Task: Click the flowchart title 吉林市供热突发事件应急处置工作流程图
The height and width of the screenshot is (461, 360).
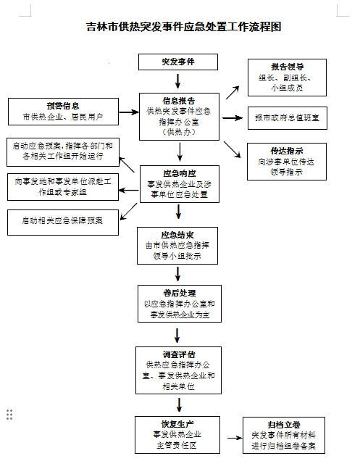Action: click(184, 27)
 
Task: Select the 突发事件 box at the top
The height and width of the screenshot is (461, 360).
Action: click(178, 62)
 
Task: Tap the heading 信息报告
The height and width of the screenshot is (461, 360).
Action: click(179, 101)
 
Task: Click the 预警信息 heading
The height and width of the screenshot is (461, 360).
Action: click(63, 106)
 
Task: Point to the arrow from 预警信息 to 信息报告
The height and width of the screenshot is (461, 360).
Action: click(129, 112)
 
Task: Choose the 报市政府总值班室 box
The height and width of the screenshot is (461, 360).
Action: click(288, 118)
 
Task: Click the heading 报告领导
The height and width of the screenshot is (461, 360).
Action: click(287, 67)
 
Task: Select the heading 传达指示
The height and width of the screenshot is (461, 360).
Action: click(287, 151)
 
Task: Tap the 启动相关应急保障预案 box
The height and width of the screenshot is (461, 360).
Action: click(63, 223)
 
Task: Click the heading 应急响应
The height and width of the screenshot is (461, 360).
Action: click(180, 173)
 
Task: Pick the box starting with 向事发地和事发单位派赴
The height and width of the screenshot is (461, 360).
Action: click(63, 187)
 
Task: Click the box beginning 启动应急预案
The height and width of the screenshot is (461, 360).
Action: click(63, 152)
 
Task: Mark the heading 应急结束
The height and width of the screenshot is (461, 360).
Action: click(177, 235)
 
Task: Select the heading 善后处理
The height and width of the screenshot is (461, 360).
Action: click(180, 293)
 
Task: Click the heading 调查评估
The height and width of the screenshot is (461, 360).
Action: click(179, 354)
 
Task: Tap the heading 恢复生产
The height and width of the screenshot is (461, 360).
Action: click(177, 424)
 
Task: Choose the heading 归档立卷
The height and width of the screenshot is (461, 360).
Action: click(284, 425)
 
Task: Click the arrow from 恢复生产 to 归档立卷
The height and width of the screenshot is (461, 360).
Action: click(235, 438)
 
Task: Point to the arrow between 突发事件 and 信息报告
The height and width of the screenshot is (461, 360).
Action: click(177, 81)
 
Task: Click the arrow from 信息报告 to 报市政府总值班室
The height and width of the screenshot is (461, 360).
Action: click(233, 118)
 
